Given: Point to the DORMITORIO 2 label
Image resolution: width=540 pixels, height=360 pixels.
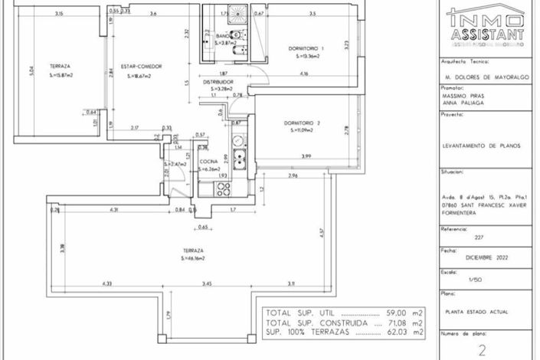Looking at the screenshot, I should coord(301,123).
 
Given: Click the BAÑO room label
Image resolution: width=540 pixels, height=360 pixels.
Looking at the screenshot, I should coord(224,36).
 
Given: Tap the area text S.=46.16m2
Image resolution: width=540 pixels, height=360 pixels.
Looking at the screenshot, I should coord(195,258).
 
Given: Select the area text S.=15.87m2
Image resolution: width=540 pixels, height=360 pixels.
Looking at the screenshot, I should coord(61,75).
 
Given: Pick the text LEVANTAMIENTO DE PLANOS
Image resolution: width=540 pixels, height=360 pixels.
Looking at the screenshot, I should coord(486,145).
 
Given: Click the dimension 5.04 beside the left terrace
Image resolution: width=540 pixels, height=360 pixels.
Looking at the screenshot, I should coord(31,72).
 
